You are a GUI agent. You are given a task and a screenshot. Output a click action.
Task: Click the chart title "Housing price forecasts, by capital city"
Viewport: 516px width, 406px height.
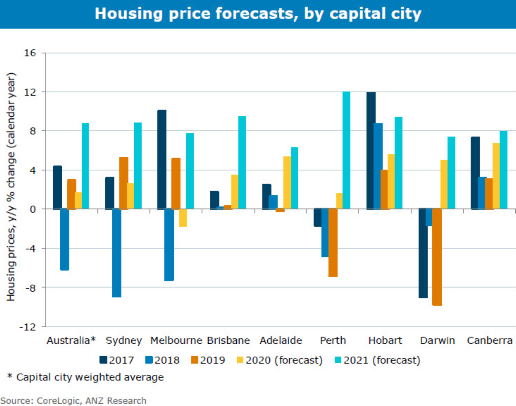pos(258,14)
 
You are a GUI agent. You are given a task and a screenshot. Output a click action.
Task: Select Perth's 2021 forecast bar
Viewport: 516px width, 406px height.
pos(346,150)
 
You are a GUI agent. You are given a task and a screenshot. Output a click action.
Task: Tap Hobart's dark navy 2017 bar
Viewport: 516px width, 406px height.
pos(371,151)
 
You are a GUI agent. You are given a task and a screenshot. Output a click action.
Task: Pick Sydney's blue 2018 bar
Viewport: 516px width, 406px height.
pos(117,253)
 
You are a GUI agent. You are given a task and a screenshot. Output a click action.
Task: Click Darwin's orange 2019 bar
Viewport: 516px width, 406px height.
pos(437,257)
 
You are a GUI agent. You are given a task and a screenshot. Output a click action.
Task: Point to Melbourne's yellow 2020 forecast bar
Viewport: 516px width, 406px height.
pos(183,218)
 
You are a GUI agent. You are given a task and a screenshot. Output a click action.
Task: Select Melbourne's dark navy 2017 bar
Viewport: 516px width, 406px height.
pos(162,160)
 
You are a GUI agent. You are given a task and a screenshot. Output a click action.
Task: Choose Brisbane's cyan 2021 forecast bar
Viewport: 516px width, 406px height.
pos(242,162)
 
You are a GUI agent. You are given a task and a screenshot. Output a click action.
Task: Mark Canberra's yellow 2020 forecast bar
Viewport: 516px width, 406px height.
pos(496,176)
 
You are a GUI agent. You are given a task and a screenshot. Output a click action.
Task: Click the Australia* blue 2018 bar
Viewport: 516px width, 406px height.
pos(65,239)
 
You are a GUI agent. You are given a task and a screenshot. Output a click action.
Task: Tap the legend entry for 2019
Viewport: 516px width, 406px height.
pos(208,360)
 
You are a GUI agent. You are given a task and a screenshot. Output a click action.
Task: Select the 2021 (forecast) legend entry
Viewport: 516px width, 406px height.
pos(377,360)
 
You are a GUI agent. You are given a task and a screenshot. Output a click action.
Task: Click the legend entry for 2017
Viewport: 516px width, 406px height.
pos(117,360)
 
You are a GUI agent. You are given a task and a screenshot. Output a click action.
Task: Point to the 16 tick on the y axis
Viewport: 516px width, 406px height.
pos(30,53)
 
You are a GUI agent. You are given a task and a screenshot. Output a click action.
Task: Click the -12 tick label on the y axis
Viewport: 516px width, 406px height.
pos(28,327)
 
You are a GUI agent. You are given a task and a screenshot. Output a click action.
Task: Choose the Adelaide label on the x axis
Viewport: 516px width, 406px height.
pos(281,340)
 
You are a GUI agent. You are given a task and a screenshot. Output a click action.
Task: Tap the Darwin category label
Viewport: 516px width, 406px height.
pos(437,340)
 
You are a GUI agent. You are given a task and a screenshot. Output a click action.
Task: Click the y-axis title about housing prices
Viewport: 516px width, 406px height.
pos(11,187)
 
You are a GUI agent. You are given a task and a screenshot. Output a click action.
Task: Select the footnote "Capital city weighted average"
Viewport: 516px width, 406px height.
pos(90,377)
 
